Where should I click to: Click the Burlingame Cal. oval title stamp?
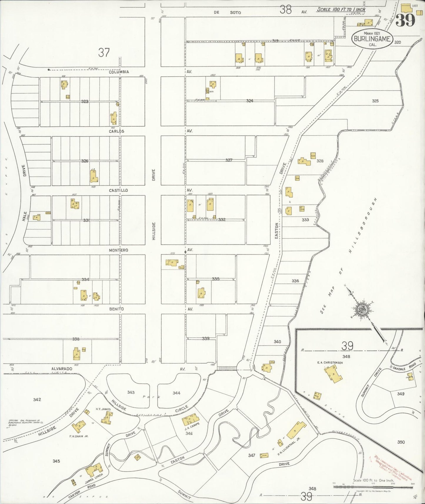[372, 39]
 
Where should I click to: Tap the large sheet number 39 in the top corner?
[405, 20]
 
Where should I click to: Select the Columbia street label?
[119, 72]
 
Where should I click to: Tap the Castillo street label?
[118, 191]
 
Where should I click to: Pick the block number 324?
[249, 101]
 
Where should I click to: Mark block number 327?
[229, 160]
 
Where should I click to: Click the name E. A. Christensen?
[330, 363]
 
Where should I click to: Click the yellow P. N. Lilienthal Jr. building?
[295, 432]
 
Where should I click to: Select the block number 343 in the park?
[131, 392]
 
